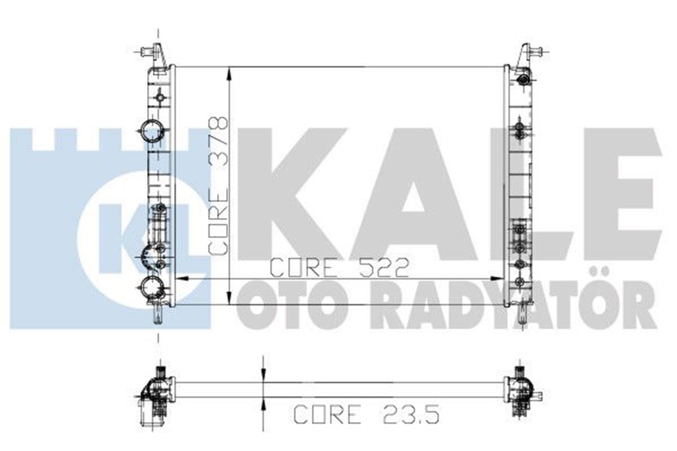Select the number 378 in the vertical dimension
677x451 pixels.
(x=218, y=141)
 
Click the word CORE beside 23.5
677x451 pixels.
(x=327, y=414)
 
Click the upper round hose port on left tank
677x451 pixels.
(x=153, y=131)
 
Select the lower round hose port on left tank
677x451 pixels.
(x=152, y=288)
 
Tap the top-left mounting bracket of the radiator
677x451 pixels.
(x=157, y=55)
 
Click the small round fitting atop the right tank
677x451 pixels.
(x=524, y=79)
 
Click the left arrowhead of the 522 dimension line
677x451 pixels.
(x=182, y=278)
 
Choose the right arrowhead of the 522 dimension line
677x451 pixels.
(x=498, y=278)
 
